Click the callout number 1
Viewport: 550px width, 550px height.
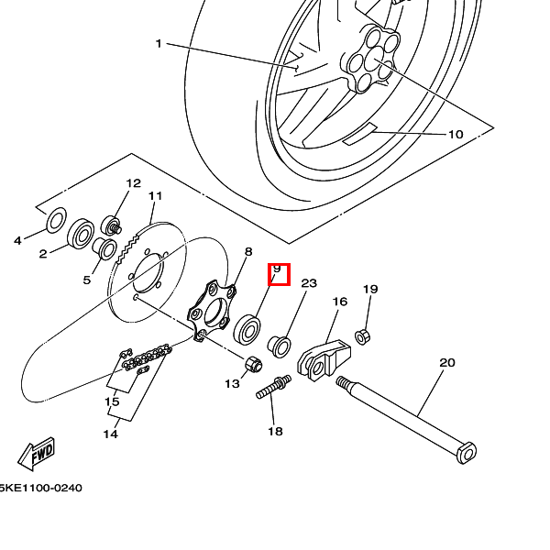[x=158, y=43]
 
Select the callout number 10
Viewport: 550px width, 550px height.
[x=456, y=134]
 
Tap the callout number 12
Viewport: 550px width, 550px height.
[x=134, y=183]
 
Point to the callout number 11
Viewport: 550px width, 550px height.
[x=155, y=196]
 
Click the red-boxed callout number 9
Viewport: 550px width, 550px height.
[x=278, y=273]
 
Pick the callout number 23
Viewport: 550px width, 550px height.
[x=309, y=283]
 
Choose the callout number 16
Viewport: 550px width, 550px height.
[x=339, y=301]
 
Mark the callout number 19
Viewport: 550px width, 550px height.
[x=370, y=289]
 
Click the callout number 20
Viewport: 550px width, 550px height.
[x=446, y=363]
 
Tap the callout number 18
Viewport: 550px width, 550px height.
[x=275, y=431]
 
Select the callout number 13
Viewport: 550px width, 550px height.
[x=232, y=383]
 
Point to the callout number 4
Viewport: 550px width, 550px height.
[x=16, y=241]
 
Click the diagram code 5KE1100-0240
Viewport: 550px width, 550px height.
[x=40, y=488]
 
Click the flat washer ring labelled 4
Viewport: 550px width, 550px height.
[x=56, y=217]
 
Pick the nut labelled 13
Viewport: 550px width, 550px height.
[x=254, y=365]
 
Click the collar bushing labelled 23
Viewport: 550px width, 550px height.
[x=280, y=346]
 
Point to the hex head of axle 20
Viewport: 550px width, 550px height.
[x=467, y=453]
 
